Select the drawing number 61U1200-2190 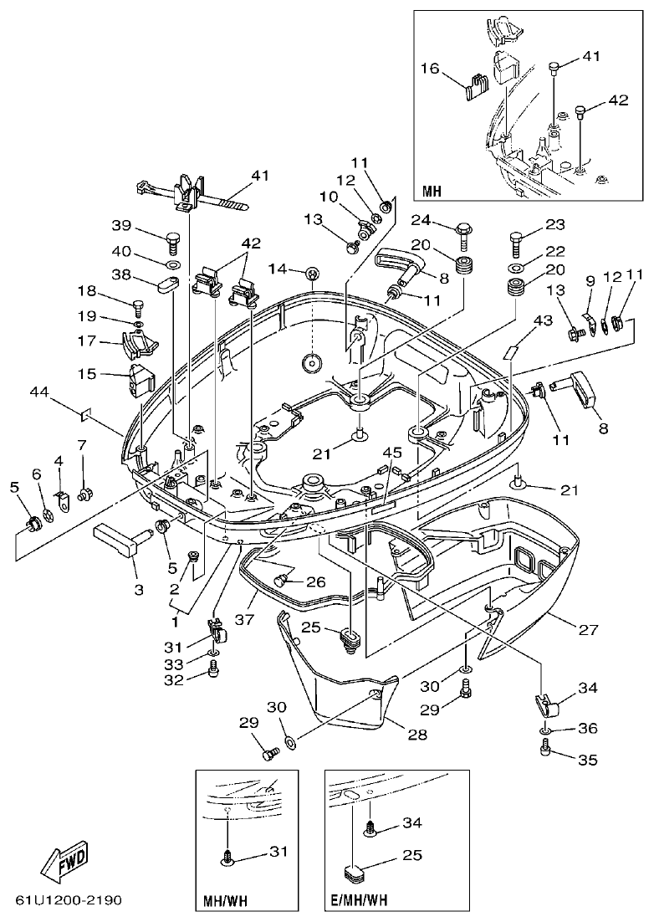pos(69,901)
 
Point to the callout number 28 pos(416,735)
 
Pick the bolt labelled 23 pos(515,244)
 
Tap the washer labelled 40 pos(173,265)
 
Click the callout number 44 pos(39,392)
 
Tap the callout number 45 pos(392,453)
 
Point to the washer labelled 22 pos(515,269)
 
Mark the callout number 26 pos(317,582)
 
